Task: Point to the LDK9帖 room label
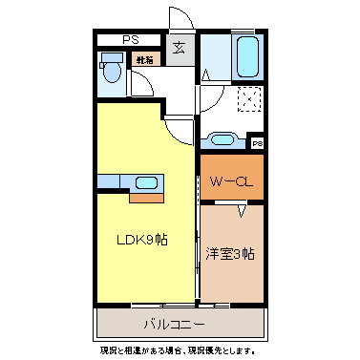coord(142,239)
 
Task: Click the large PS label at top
coord(128,39)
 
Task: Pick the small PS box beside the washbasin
coord(256,143)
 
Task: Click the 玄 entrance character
coord(180,50)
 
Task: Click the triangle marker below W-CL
coord(243,208)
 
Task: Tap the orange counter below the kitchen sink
coord(145,199)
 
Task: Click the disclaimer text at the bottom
coord(179,350)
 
